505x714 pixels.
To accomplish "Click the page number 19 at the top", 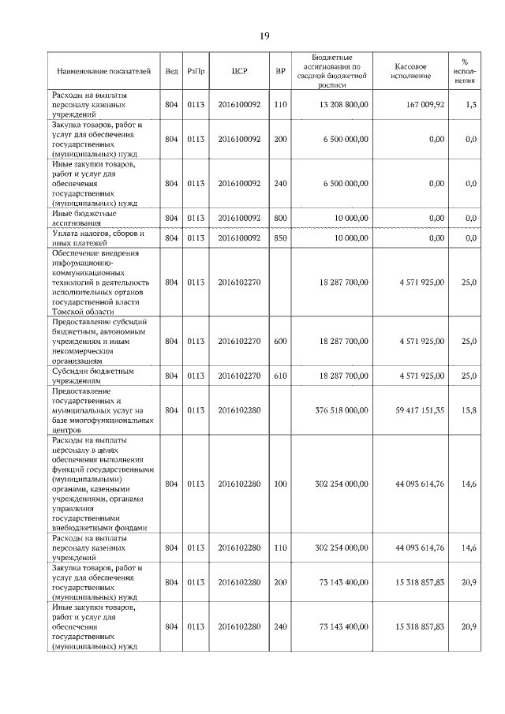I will [264, 36].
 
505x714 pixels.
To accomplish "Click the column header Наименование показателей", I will [103, 71].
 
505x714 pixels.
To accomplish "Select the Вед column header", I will [171, 71].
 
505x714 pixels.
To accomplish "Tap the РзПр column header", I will [196, 71].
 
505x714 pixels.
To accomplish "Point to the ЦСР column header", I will [240, 71].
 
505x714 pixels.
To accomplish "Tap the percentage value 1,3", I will [470, 105].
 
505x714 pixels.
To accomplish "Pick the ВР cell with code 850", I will [280, 237].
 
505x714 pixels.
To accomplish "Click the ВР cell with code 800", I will [280, 218].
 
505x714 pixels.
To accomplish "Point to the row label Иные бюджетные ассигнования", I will [84, 218].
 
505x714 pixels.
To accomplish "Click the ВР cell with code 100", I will [280, 484].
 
